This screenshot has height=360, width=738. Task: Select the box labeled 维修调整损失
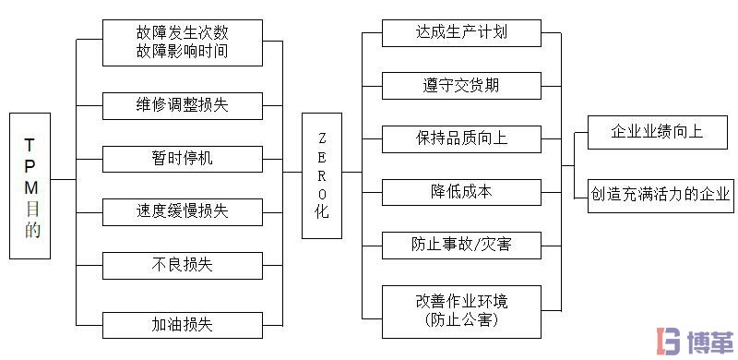182,105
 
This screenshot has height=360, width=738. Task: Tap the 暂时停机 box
182,158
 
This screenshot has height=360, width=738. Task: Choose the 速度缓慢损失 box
182,211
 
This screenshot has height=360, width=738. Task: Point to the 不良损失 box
182,265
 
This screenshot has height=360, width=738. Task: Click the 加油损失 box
182,325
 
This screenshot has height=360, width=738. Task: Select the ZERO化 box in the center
322,175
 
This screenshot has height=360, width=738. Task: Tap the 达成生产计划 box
460,32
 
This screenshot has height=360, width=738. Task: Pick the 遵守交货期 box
460,86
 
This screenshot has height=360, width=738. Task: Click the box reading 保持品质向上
460,138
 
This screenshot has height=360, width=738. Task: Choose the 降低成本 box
460,192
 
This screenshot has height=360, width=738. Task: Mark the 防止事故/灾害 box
460,246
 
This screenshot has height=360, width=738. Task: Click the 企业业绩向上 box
656,131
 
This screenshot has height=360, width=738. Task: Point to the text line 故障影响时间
182,52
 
